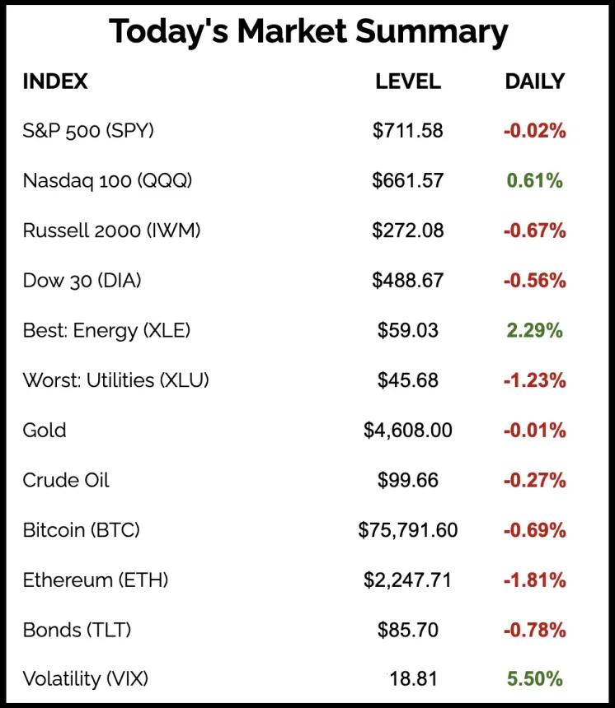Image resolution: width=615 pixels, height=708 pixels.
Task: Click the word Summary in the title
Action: (x=432, y=33)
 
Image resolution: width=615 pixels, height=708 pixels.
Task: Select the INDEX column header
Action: (x=54, y=82)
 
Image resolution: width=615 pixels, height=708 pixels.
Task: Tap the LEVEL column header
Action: (x=408, y=82)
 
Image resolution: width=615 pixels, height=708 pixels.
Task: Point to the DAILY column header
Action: (x=535, y=82)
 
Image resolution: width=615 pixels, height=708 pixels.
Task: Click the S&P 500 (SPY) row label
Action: (x=88, y=130)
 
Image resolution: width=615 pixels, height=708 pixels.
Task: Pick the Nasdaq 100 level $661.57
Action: (x=408, y=180)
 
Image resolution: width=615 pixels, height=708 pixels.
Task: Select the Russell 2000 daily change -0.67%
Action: (x=535, y=231)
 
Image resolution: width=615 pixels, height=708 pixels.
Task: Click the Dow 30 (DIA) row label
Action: (x=82, y=281)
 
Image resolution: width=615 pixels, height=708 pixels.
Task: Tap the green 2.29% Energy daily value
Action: (x=535, y=331)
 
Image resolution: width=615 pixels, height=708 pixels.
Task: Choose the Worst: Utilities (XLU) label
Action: (x=115, y=380)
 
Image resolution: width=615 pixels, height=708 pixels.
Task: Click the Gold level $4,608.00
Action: (x=408, y=431)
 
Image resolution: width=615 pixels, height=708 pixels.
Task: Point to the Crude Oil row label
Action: (x=66, y=480)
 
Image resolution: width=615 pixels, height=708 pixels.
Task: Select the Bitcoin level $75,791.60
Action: (x=408, y=530)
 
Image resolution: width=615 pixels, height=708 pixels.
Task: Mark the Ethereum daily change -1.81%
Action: (x=535, y=580)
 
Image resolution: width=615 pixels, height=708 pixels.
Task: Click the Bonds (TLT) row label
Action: (x=77, y=631)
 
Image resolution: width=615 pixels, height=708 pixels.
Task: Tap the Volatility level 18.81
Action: (x=412, y=679)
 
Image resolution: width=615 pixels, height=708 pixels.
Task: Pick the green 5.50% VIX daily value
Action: (x=535, y=679)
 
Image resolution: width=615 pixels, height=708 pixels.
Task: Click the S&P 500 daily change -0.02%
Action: (x=535, y=130)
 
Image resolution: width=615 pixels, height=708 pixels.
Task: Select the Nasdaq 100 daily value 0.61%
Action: (x=535, y=180)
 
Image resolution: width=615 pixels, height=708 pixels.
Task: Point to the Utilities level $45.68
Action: (x=408, y=380)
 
